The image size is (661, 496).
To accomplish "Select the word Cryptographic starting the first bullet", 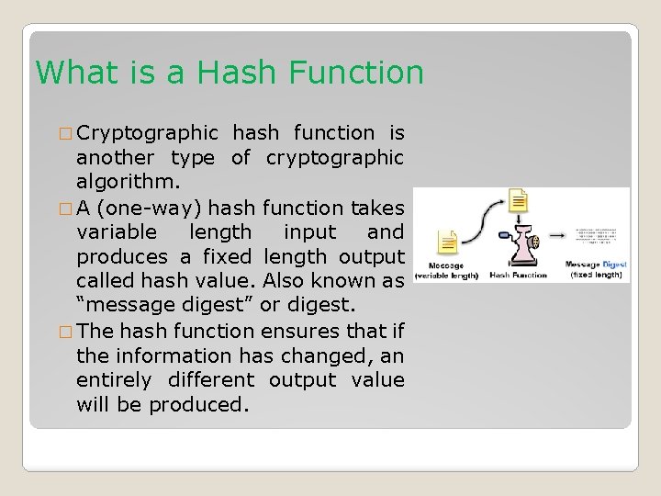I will coord(147,133).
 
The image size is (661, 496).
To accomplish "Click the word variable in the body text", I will coord(116,232).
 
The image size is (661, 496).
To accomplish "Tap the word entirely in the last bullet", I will coord(116,379).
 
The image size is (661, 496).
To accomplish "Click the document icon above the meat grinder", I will coord(519,202).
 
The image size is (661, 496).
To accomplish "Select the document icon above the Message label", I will coord(449,244).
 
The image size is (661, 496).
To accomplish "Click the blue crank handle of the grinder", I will coord(504,236).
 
